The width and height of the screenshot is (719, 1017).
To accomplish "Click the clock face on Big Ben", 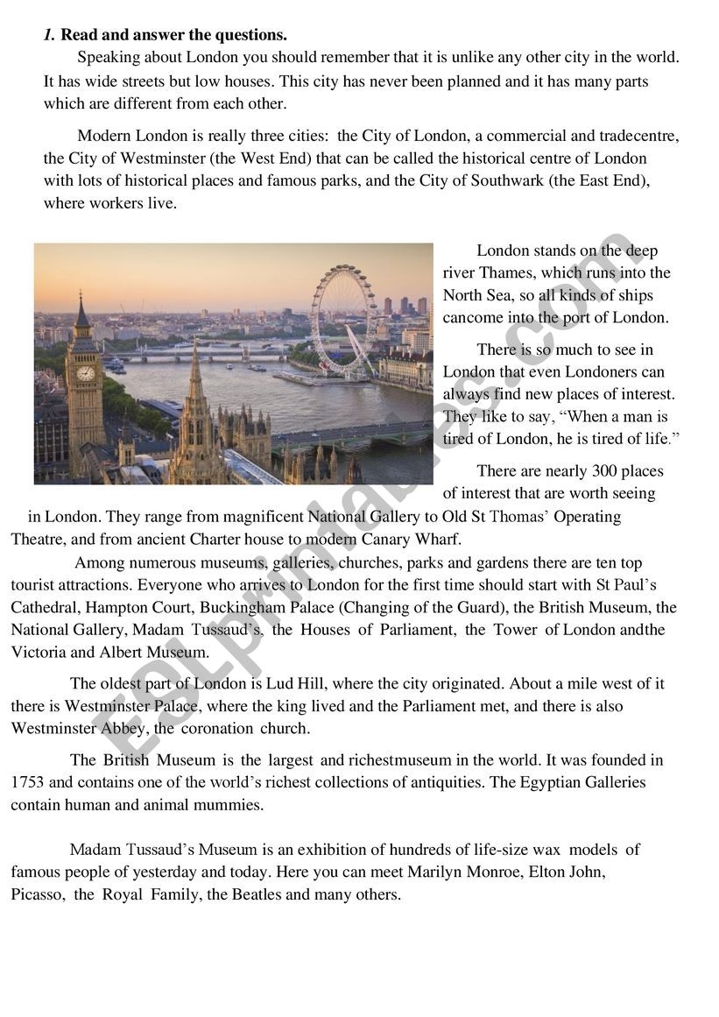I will (85, 372).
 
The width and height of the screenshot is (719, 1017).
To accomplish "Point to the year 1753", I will (27, 782).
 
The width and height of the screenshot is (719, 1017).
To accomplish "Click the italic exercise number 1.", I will (48, 35).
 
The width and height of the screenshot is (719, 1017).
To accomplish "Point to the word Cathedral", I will (43, 607).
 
